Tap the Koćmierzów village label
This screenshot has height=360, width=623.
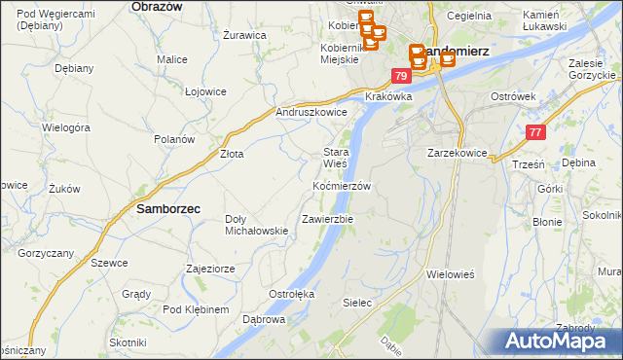(341, 186)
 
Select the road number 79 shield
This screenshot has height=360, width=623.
(401, 75)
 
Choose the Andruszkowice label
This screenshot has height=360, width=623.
(312, 112)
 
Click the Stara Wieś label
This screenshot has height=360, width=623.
(336, 158)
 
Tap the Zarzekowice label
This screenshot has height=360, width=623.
(457, 154)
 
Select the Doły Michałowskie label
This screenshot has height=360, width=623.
(256, 225)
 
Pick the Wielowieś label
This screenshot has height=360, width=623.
(450, 274)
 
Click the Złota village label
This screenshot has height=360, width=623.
(231, 154)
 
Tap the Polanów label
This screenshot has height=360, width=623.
(174, 139)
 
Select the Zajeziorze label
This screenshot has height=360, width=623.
(211, 268)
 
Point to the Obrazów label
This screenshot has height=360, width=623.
(157, 6)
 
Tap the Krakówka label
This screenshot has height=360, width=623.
(389, 97)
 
